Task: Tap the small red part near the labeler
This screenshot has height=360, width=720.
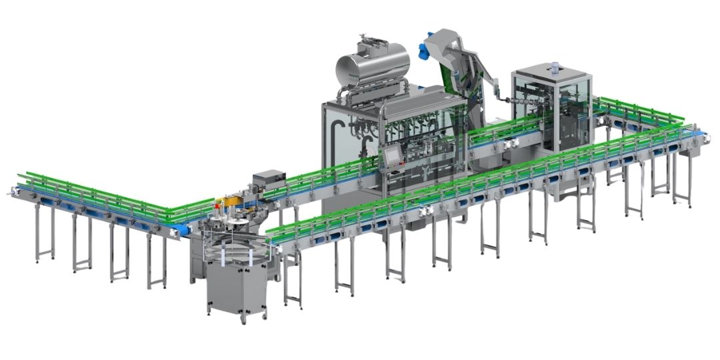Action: tap(215, 201)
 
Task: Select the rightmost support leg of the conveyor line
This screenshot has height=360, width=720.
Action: tap(681, 180)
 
